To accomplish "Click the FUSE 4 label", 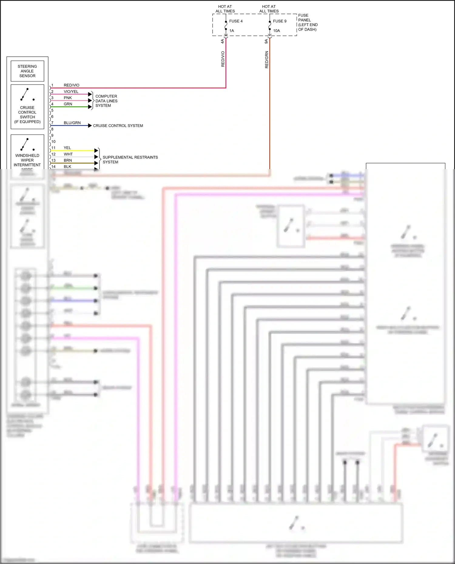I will click(x=236, y=21).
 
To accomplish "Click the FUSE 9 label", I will click(x=279, y=21).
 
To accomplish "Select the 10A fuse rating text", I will click(x=276, y=31).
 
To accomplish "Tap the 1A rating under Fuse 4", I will click(x=231, y=31).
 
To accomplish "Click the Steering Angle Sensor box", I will click(x=27, y=71).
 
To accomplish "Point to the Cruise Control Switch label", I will click(x=27, y=115).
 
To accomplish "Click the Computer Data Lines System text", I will click(x=106, y=101).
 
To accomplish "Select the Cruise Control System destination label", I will click(x=118, y=126).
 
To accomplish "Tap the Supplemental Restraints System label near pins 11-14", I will click(x=130, y=160).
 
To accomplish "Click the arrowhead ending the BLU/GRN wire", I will click(x=90, y=126).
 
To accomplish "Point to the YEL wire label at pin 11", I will click(x=67, y=148).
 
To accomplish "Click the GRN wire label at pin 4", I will click(x=68, y=104).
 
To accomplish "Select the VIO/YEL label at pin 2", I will click(x=71, y=92).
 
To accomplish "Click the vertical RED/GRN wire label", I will click(x=267, y=59).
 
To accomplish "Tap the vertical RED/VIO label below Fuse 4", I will click(x=223, y=59).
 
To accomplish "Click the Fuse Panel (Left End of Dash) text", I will click(x=308, y=22).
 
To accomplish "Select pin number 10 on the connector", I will click(x=53, y=142).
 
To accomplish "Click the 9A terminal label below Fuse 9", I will click(x=266, y=41).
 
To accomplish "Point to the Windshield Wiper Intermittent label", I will click(x=27, y=160).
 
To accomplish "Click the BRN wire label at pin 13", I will click(x=68, y=160).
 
